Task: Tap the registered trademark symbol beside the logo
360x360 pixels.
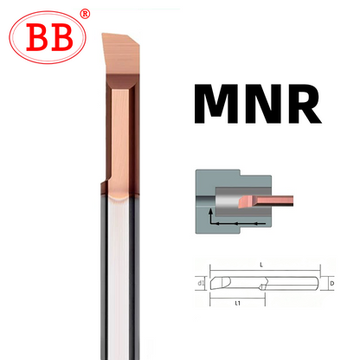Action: (84, 14)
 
